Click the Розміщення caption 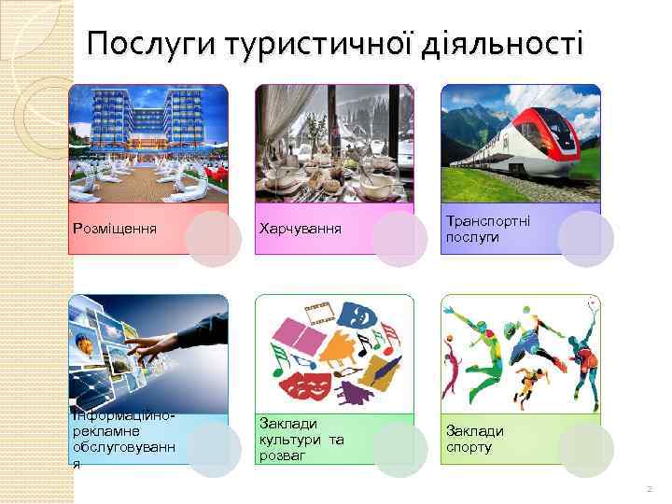coord(113,228)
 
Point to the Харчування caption coord(301,229)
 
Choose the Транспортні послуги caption coord(487,230)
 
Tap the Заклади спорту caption coord(475,439)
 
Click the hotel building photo coord(148,143)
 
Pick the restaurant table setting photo coord(334,143)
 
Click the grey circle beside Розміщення coord(213,239)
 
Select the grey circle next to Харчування coord(399,239)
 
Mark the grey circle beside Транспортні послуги coord(585,239)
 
